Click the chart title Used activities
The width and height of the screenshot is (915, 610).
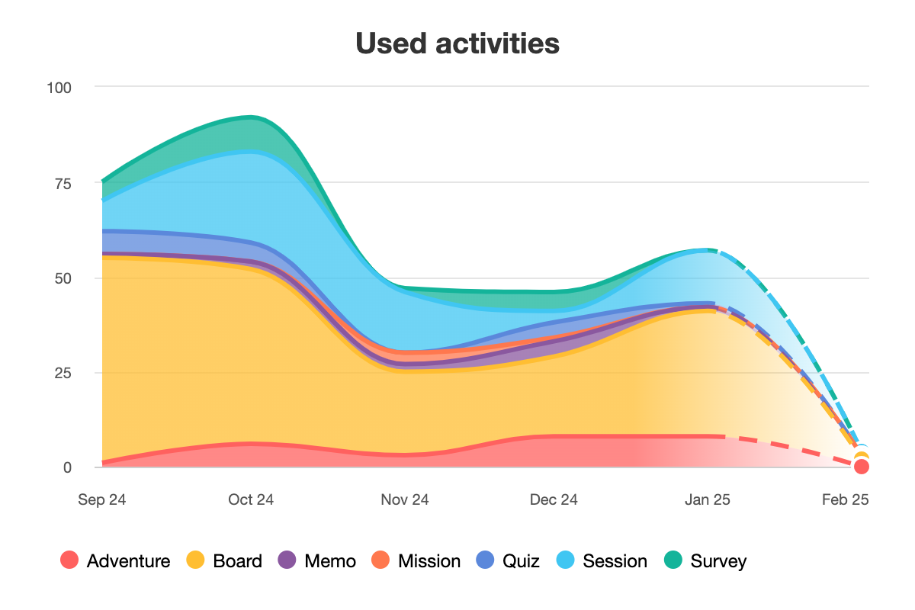pyautogui.click(x=457, y=43)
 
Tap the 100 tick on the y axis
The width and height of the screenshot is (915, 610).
pyautogui.click(x=59, y=88)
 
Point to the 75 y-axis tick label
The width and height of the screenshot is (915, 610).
pyautogui.click(x=63, y=183)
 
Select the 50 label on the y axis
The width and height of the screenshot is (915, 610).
pyautogui.click(x=63, y=278)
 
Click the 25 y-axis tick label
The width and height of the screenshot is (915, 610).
pyautogui.click(x=63, y=373)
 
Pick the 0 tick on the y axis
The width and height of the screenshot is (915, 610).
pyautogui.click(x=67, y=467)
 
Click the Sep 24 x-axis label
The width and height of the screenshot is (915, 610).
pyautogui.click(x=102, y=500)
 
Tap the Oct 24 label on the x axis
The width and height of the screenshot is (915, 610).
pyautogui.click(x=251, y=500)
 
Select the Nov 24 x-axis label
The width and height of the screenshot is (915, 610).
pyautogui.click(x=405, y=500)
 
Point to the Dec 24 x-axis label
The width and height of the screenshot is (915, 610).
pyautogui.click(x=554, y=500)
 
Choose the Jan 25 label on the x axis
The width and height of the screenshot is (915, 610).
pyautogui.click(x=707, y=500)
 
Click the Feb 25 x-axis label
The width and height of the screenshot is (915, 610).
pyautogui.click(x=845, y=500)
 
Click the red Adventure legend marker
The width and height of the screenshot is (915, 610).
pyautogui.click(x=70, y=561)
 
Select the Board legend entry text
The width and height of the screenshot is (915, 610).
pyautogui.click(x=237, y=562)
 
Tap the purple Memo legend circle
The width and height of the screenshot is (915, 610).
pyautogui.click(x=287, y=561)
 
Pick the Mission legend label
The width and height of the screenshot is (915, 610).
pyautogui.click(x=429, y=562)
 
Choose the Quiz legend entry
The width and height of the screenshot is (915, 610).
pyautogui.click(x=521, y=562)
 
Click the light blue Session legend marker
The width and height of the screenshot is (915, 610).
pyautogui.click(x=566, y=561)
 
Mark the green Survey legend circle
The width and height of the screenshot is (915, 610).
pyautogui.click(x=674, y=561)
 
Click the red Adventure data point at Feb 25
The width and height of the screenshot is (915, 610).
pyautogui.click(x=862, y=467)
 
